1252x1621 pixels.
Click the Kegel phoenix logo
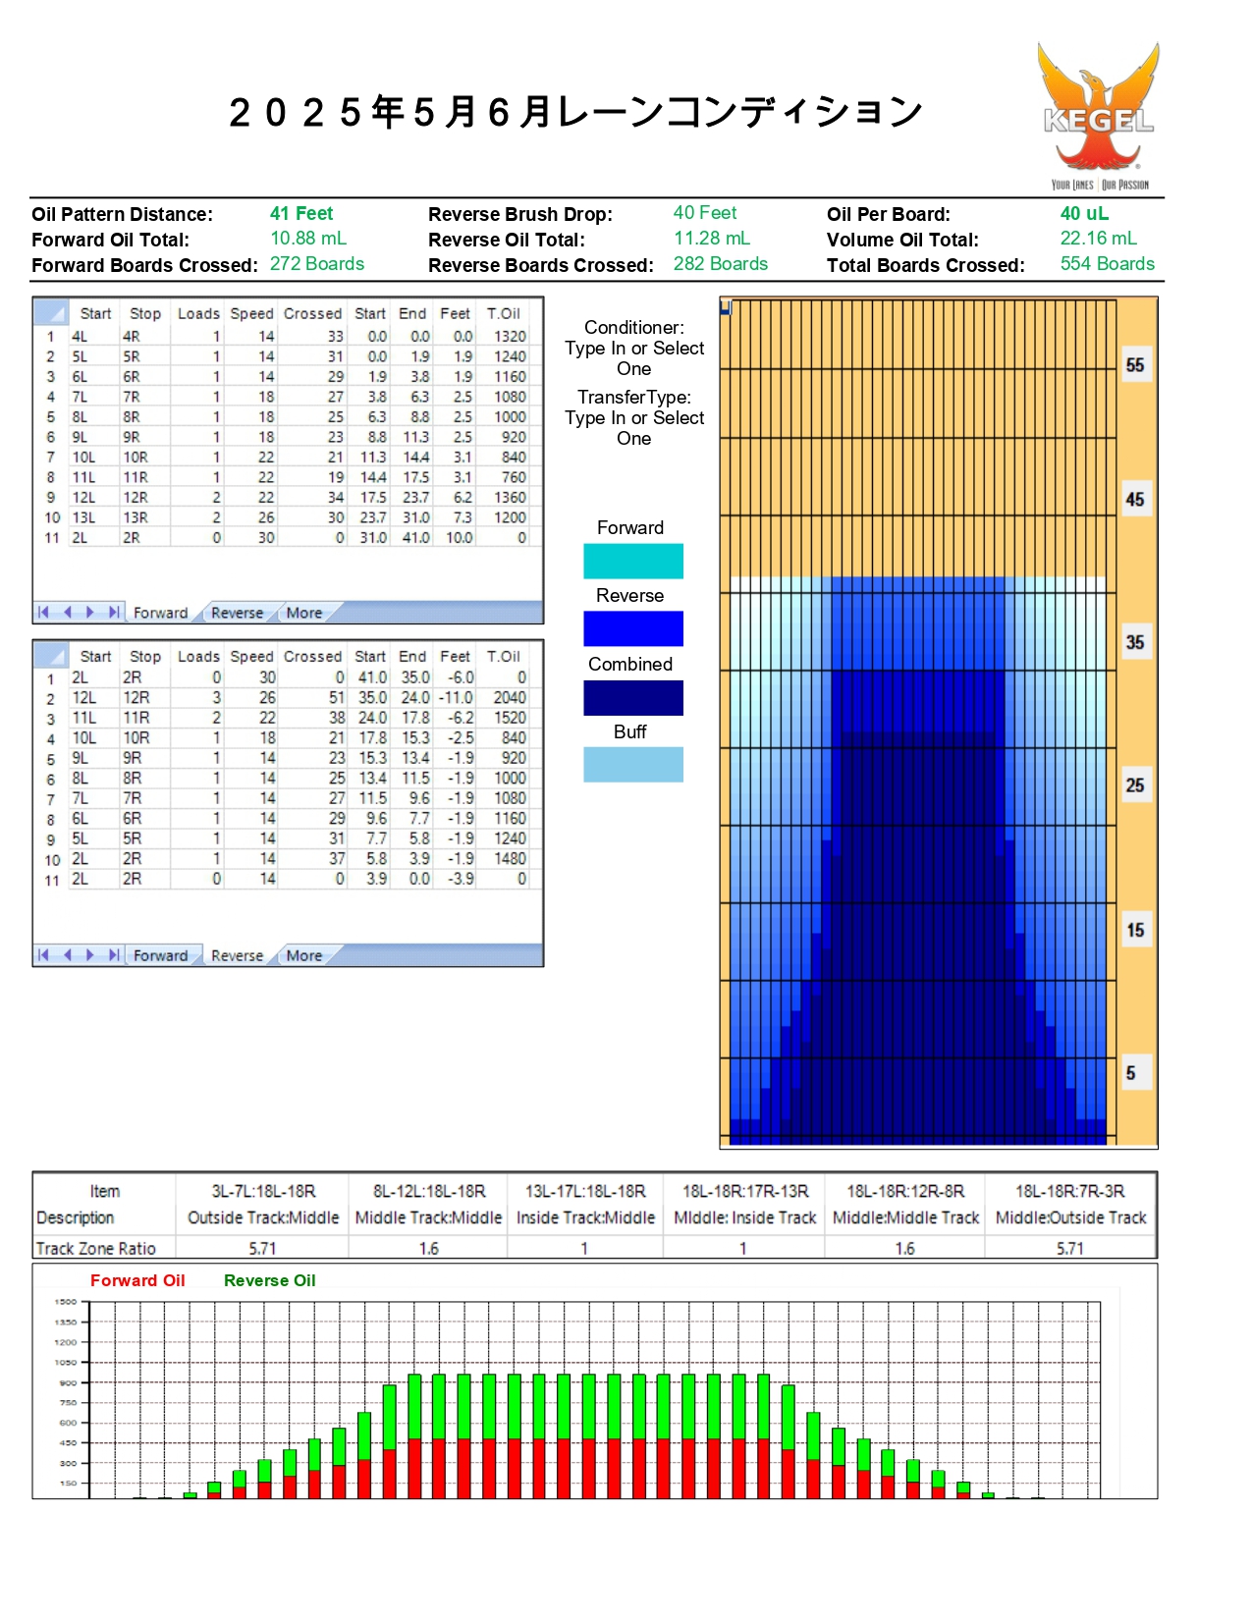(1098, 113)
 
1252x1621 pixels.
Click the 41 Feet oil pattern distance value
(301, 214)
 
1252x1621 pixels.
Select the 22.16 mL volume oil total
(1098, 239)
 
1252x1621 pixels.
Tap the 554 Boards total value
(1107, 264)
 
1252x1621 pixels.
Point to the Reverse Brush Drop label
(519, 214)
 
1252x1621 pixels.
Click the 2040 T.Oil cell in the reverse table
(509, 698)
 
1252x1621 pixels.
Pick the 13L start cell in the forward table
(84, 517)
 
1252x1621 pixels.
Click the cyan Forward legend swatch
(632, 561)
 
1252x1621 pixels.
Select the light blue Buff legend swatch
(632, 765)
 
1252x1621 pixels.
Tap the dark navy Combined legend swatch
(632, 698)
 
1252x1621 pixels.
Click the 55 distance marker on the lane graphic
(1135, 365)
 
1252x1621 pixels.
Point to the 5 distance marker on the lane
(1131, 1073)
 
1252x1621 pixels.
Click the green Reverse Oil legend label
(269, 1280)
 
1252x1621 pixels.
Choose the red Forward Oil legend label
(137, 1280)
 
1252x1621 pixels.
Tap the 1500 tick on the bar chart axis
(66, 1302)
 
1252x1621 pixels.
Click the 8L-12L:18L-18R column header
(429, 1191)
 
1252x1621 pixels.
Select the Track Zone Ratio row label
(96, 1249)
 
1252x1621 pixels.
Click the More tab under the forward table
(304, 613)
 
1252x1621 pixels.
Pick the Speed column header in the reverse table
(251, 656)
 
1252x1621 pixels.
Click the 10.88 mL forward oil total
(308, 239)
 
